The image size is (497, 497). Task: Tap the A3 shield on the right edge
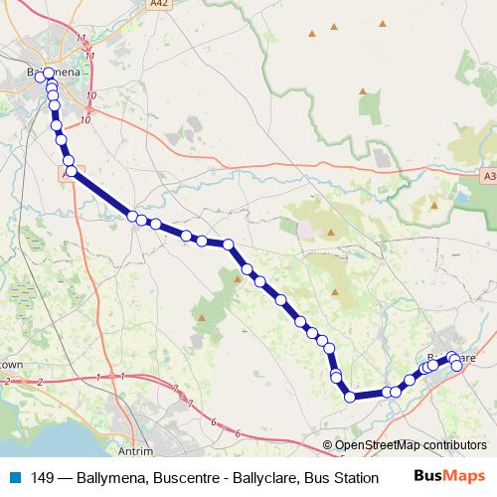pyautogui.click(x=488, y=175)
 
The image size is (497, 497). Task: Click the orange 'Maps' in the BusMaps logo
pyautogui.click(x=464, y=476)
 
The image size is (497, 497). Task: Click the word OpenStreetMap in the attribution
pyautogui.click(x=377, y=445)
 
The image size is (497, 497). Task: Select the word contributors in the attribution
pyautogui.click(x=453, y=445)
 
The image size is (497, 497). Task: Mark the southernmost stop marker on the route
pyautogui.click(x=350, y=398)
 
